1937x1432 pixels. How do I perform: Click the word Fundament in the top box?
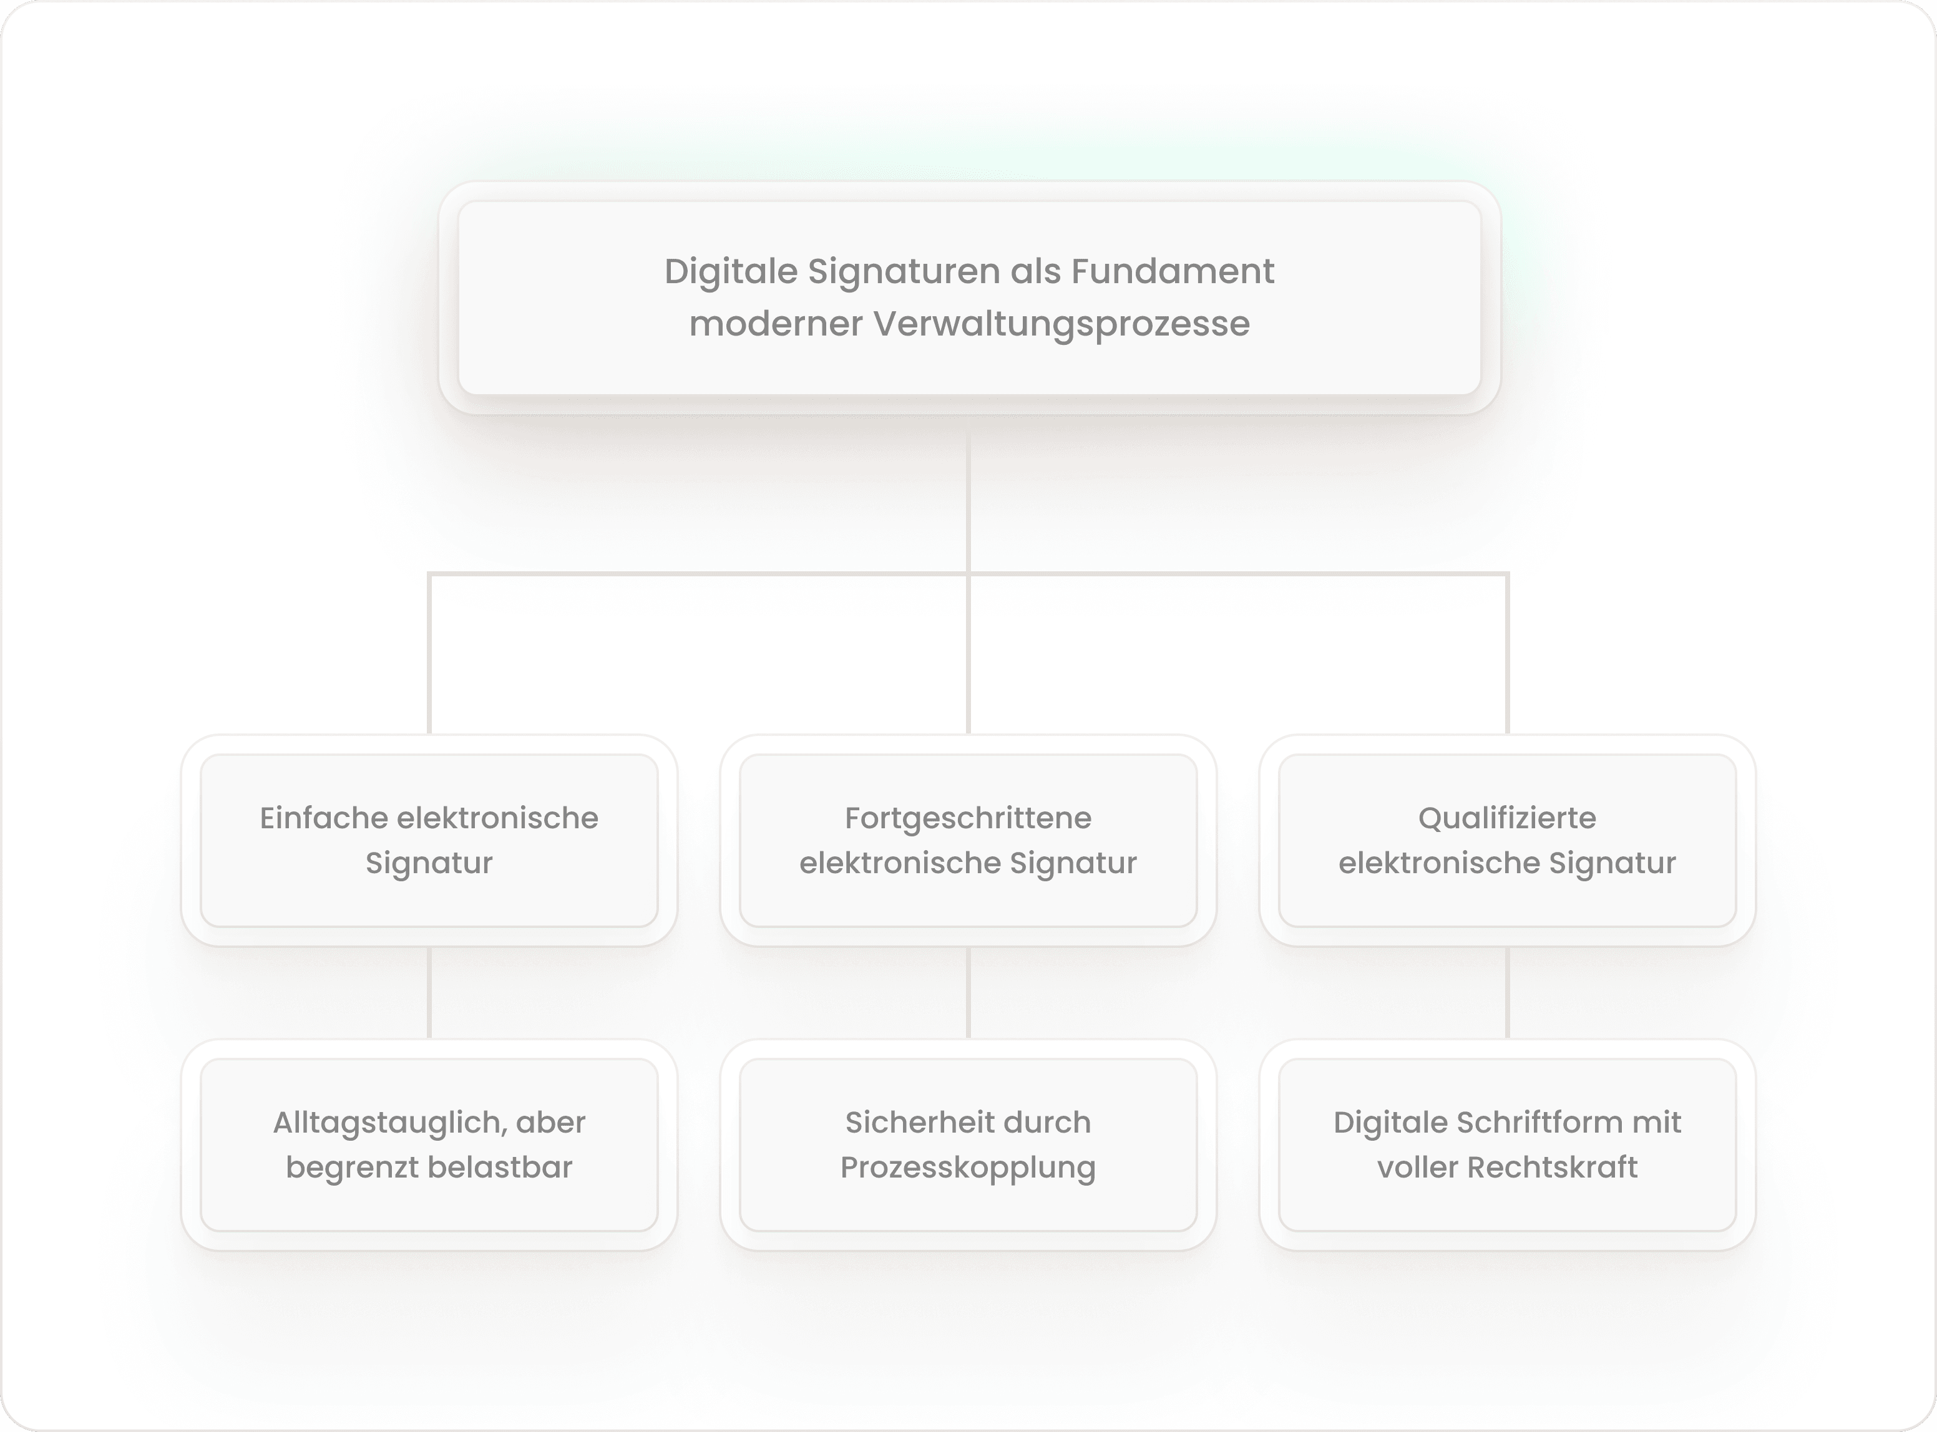point(1173,271)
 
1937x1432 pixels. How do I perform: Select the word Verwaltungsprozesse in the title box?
point(1061,324)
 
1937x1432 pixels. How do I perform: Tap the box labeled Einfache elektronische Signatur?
point(429,840)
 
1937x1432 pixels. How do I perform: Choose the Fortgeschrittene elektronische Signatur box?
point(968,840)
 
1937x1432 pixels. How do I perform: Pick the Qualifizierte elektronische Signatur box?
point(1507,840)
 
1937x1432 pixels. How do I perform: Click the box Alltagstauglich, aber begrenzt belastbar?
point(429,1144)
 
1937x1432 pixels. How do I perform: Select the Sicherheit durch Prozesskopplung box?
point(968,1144)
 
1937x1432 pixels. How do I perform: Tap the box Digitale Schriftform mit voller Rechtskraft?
point(1507,1144)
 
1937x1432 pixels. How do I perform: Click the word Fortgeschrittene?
point(968,818)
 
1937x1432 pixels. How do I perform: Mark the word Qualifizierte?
point(1507,818)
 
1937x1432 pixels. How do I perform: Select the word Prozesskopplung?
point(968,1168)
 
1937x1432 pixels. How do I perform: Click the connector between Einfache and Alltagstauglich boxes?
point(429,992)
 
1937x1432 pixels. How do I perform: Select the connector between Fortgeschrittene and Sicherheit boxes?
point(968,992)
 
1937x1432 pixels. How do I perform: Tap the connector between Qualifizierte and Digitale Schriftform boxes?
point(1507,992)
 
